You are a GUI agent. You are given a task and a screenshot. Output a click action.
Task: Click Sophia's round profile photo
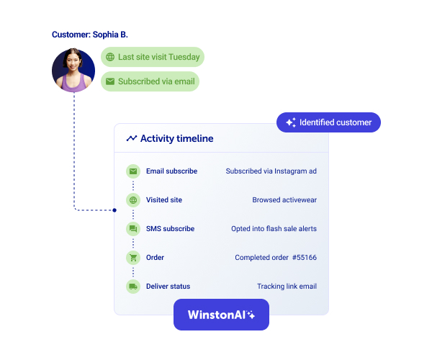coord(73,71)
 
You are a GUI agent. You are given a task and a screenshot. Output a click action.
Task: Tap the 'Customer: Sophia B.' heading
coord(89,35)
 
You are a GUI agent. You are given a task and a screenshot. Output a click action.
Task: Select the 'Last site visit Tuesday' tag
coord(153,57)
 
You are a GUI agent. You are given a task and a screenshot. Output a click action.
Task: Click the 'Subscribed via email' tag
coord(150,81)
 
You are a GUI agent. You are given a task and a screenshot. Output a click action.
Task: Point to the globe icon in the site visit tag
coord(110,57)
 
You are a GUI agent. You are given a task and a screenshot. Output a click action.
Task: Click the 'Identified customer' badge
coord(328,122)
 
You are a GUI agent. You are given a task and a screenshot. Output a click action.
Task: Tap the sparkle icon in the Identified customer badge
coord(291,122)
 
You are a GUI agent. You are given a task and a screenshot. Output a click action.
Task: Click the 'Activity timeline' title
coord(176,138)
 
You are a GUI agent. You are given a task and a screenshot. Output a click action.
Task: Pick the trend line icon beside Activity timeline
coord(132,138)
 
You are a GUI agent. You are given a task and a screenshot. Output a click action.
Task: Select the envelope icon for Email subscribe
coord(132,171)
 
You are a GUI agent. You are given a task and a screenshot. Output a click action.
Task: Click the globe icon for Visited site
coord(132,200)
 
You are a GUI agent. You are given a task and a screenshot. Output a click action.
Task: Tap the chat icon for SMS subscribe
coord(132,229)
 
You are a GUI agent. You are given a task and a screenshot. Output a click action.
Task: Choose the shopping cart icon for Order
coord(132,258)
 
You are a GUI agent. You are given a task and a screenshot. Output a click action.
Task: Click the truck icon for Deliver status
coord(132,287)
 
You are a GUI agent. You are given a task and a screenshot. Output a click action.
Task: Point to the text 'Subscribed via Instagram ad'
coord(271,171)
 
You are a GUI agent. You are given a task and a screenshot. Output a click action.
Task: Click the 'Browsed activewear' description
coord(284,200)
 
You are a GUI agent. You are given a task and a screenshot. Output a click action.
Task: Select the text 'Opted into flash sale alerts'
coord(274,229)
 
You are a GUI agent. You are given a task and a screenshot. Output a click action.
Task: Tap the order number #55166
coord(305,258)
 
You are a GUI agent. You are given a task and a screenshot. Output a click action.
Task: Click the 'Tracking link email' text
coord(287,287)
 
